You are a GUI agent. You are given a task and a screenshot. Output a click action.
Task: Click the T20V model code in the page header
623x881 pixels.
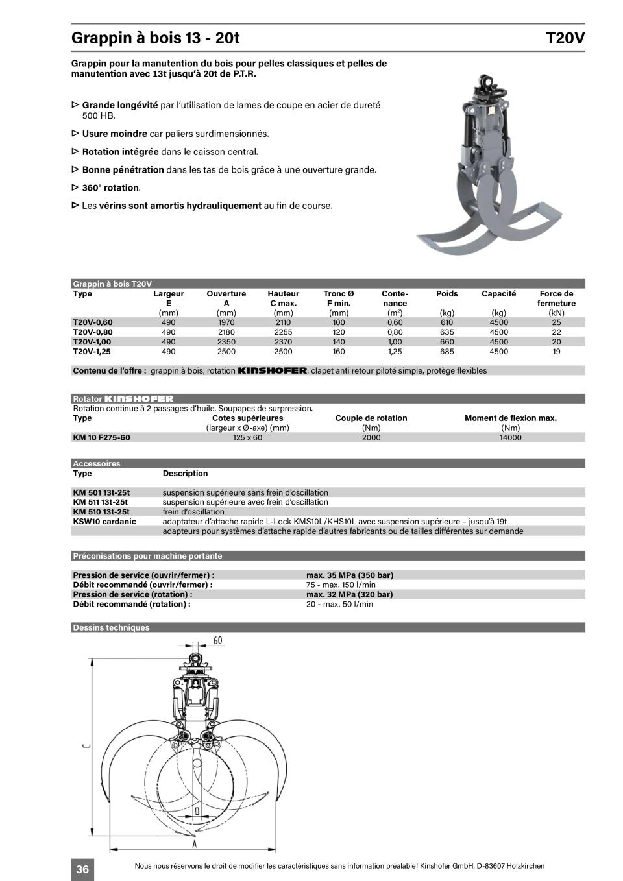pyautogui.click(x=565, y=38)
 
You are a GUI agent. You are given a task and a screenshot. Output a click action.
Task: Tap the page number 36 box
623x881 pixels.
pyautogui.click(x=82, y=869)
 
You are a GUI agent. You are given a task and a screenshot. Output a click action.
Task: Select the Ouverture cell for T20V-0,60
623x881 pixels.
pyautogui.click(x=226, y=322)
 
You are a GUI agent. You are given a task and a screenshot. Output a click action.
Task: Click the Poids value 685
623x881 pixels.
pyautogui.click(x=446, y=352)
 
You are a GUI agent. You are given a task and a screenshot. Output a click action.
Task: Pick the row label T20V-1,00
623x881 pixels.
pyautogui.click(x=92, y=342)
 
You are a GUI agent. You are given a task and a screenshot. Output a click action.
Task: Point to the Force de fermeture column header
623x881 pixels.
pyautogui.click(x=556, y=298)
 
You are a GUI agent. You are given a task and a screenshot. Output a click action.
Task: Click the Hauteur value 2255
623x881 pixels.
pyautogui.click(x=283, y=332)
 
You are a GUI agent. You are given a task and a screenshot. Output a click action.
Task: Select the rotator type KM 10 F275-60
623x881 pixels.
pyautogui.click(x=101, y=437)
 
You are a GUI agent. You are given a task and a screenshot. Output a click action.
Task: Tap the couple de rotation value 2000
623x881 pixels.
pyautogui.click(x=371, y=437)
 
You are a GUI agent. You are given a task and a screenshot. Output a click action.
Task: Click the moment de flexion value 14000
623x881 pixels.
pyautogui.click(x=511, y=437)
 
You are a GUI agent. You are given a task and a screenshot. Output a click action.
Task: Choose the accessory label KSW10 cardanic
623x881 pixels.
pyautogui.click(x=104, y=521)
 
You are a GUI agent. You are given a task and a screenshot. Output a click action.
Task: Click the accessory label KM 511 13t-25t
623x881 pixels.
pyautogui.click(x=101, y=502)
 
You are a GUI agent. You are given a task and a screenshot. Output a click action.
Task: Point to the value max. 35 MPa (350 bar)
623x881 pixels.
pyautogui.click(x=350, y=575)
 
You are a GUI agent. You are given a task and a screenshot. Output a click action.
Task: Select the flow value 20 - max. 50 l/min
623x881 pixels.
pyautogui.click(x=339, y=604)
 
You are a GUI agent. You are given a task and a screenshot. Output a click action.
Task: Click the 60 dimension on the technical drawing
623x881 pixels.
pyautogui.click(x=218, y=640)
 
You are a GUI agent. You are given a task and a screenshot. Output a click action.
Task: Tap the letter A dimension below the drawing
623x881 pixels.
pyautogui.click(x=194, y=843)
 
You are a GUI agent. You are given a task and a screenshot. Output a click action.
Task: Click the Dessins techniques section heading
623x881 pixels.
pyautogui.click(x=111, y=627)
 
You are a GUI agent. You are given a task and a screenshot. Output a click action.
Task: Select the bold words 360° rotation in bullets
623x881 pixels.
pyautogui.click(x=110, y=188)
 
